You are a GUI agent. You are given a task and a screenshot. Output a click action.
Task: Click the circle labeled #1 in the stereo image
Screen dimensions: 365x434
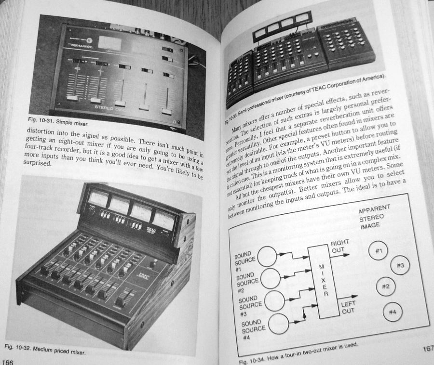[x=379, y=250]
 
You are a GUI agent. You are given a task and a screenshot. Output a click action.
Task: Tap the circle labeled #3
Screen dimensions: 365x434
[x=400, y=265]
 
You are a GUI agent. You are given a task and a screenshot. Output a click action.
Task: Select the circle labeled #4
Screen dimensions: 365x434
[x=392, y=313]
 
